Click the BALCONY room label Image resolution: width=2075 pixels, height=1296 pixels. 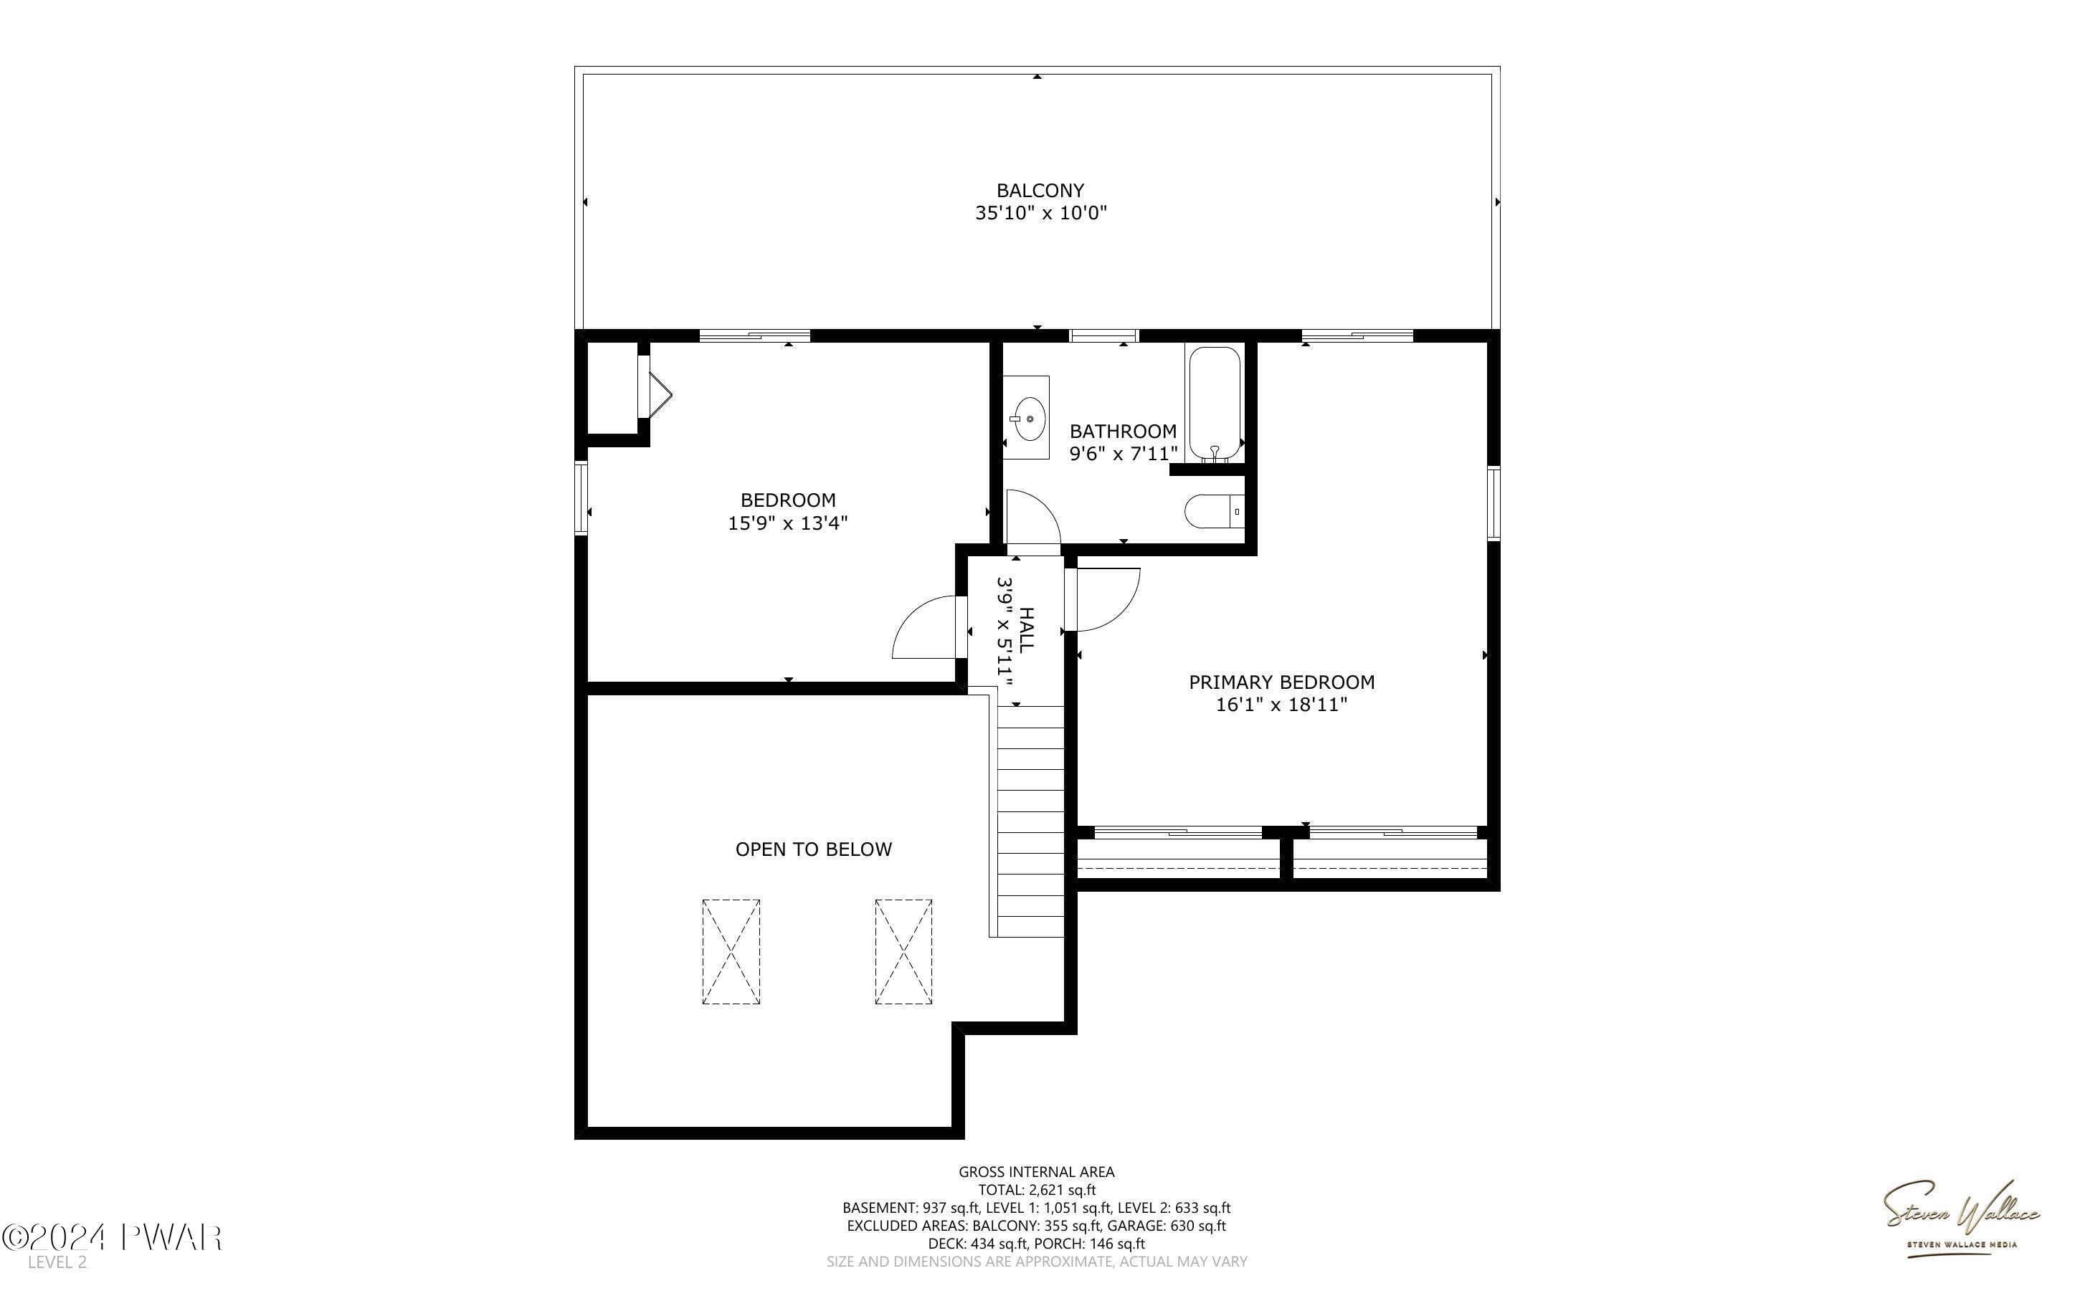1040,190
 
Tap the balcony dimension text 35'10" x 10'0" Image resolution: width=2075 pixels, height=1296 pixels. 1040,214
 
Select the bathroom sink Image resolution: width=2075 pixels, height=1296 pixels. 1027,419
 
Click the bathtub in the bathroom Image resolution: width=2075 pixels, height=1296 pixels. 1215,403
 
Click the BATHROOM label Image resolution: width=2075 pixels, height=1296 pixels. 1123,431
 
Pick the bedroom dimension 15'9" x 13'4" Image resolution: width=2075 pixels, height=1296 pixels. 788,523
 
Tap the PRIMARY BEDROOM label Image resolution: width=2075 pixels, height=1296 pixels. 1281,682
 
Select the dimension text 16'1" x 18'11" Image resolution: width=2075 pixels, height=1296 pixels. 1281,705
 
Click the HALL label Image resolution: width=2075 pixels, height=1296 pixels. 1026,630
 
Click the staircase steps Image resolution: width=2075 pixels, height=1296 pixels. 1030,821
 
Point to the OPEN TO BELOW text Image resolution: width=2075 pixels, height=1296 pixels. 813,849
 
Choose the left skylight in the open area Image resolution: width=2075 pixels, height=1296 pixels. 731,951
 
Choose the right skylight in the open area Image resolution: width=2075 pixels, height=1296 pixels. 903,951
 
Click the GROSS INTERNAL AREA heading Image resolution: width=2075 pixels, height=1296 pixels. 1036,1172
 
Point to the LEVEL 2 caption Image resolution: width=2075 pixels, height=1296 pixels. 57,1262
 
